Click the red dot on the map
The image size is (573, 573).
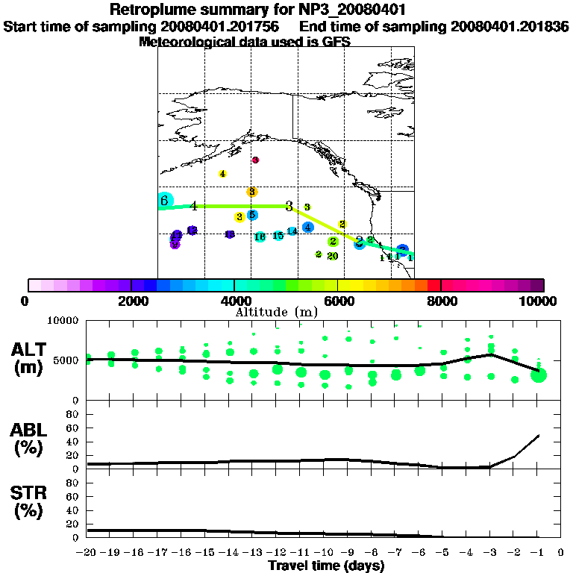coord(255,160)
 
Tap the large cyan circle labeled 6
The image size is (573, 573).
coord(165,200)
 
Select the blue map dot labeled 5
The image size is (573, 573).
coord(252,215)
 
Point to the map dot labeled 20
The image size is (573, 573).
coord(333,256)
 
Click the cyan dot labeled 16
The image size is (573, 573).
coord(260,237)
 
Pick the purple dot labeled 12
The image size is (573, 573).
coord(230,234)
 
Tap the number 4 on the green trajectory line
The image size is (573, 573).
coord(194,206)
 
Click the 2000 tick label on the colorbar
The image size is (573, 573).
coord(131,301)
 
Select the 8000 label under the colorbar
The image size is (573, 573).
coord(442,301)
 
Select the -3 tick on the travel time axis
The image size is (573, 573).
coord(489,553)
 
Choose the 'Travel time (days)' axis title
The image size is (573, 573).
coord(326,566)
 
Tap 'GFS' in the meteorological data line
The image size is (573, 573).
coord(336,42)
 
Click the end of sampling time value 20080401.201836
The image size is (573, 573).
coord(510,26)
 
